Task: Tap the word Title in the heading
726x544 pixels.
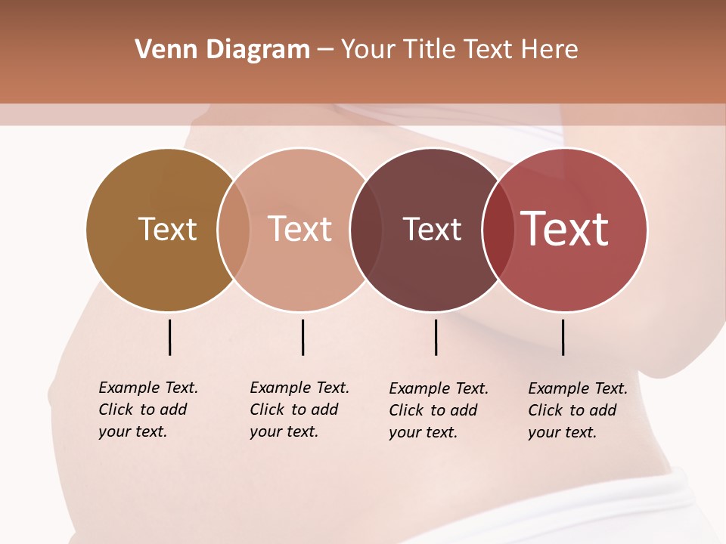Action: click(x=430, y=50)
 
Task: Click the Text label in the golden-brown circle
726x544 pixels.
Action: click(x=167, y=230)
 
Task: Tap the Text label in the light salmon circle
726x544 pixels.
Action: click(x=300, y=230)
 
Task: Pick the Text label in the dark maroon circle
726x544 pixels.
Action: click(x=432, y=230)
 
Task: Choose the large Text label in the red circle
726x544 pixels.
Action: click(x=565, y=229)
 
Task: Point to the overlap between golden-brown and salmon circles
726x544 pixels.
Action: click(x=234, y=230)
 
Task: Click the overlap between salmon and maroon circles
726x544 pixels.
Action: click(x=366, y=230)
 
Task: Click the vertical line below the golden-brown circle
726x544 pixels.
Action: click(x=169, y=337)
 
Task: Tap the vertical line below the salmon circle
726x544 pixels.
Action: click(x=302, y=337)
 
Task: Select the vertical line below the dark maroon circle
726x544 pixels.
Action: click(x=436, y=337)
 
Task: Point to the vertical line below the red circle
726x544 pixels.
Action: click(x=563, y=337)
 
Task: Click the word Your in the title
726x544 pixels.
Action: click(x=368, y=50)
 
